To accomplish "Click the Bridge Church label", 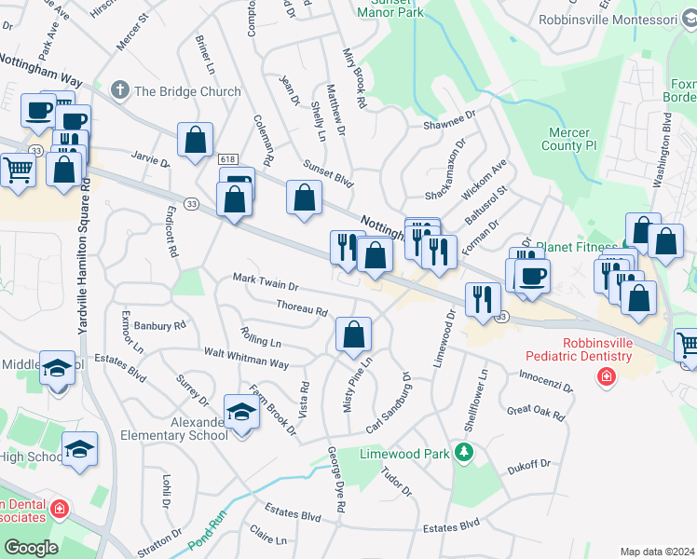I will coord(187,91).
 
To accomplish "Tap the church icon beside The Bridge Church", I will coord(119,90).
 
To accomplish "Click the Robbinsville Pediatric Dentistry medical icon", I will coord(607,376).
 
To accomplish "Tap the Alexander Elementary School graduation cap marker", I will coord(241,412).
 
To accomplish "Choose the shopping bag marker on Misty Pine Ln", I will coord(354,334).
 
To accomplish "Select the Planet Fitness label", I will coord(582,248).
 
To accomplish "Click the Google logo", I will coord(31,548).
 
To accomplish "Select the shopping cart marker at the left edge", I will coord(19,170).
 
